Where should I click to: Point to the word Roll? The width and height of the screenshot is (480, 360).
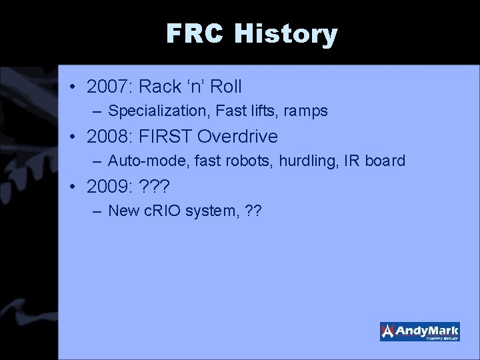tap(225, 87)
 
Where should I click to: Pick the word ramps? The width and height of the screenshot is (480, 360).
tap(305, 111)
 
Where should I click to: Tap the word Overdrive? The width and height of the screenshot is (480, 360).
tap(238, 137)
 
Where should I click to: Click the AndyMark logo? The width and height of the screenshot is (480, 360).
tap(419, 331)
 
